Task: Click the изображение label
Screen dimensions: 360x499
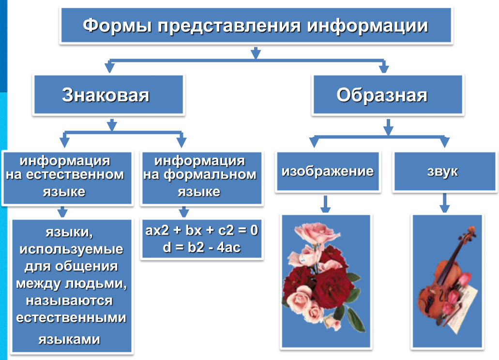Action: point(328,171)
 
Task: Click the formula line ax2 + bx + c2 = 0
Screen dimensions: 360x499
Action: point(202,231)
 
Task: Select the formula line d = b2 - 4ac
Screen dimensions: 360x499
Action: point(202,248)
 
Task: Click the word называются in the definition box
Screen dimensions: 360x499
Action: point(70,300)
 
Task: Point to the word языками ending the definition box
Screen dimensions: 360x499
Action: point(70,339)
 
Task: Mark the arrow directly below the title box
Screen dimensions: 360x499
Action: point(256,53)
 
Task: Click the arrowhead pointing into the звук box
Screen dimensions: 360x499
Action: point(444,143)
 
